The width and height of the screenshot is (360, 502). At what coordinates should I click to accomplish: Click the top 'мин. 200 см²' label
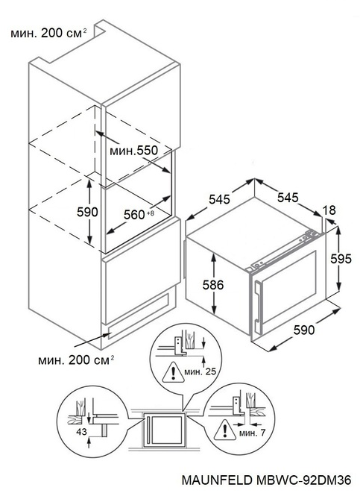pos(46,33)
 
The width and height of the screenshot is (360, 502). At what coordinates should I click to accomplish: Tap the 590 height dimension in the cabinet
pos(88,212)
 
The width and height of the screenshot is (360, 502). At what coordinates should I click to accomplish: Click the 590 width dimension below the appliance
pos(305,329)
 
